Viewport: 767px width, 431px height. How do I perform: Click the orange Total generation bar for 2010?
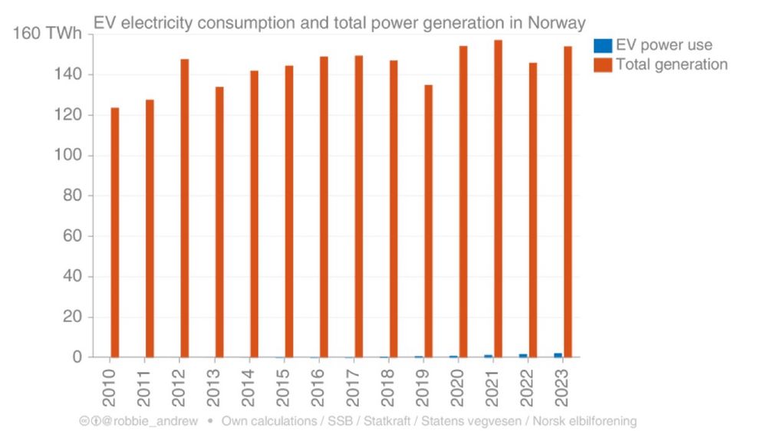(115, 232)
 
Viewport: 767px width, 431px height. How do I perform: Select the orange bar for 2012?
(185, 208)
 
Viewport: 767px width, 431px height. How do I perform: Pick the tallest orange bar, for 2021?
(498, 199)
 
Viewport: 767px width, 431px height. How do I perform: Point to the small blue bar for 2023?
(558, 355)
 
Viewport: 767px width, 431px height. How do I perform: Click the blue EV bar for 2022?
(523, 356)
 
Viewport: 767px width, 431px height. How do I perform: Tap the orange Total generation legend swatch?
(604, 64)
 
